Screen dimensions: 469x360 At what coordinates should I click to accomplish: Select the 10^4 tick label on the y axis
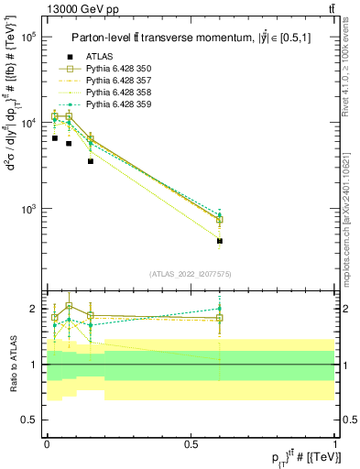click(27, 123)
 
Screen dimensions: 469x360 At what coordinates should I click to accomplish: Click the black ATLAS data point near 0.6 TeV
click(220, 241)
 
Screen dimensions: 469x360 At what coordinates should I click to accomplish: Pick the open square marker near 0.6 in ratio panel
click(220, 318)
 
